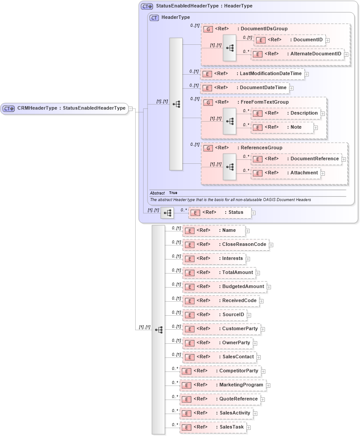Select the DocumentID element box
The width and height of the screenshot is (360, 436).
pyautogui.click(x=289, y=40)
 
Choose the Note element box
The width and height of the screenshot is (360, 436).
pyautogui.click(x=283, y=127)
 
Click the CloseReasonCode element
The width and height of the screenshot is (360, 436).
pyautogui.click(x=226, y=245)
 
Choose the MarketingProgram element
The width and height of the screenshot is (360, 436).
pyautogui.click(x=223, y=385)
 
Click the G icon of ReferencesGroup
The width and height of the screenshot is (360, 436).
pyautogui.click(x=208, y=148)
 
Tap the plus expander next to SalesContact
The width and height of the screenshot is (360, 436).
pyautogui.click(x=259, y=357)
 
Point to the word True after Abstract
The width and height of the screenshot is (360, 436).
pyautogui.click(x=173, y=193)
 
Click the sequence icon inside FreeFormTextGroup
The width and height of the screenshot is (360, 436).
pyautogui.click(x=229, y=122)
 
